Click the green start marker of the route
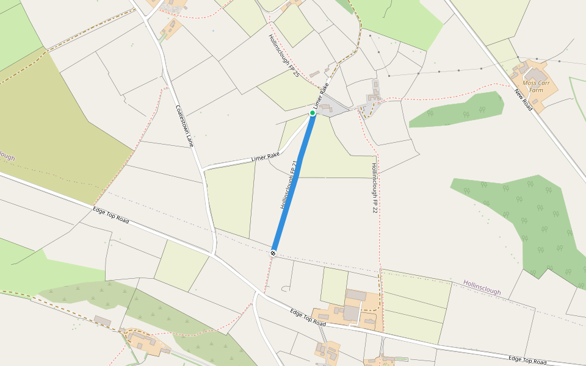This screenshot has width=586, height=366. click(313, 113)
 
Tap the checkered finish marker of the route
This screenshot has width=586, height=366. click(273, 252)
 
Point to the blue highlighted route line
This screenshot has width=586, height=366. click(293, 183)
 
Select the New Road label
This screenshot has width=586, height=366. click(523, 101)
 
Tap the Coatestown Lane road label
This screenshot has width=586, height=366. click(184, 126)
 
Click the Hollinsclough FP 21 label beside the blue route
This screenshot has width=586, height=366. click(289, 185)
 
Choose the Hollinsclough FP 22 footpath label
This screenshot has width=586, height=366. click(374, 188)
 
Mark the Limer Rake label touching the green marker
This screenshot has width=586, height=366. click(321, 96)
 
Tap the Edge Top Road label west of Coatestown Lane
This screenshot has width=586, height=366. click(110, 215)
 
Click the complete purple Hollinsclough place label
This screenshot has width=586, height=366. click(482, 287)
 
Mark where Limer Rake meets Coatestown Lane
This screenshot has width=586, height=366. click(203, 168)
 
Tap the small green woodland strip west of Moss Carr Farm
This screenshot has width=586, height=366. click(458, 110)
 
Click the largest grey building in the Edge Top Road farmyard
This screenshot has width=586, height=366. click(351, 313)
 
